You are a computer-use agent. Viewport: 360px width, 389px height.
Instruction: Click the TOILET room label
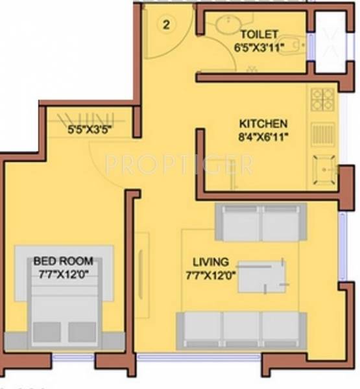coord(259,34)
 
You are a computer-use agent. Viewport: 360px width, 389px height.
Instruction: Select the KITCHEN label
coord(263,123)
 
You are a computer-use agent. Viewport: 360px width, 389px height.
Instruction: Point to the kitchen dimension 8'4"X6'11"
coord(263,136)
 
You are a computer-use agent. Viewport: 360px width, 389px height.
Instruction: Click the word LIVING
coord(211,262)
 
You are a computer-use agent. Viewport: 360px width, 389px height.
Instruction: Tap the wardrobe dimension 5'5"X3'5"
coord(90,129)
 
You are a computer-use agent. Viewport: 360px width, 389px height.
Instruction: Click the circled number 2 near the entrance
coord(167,27)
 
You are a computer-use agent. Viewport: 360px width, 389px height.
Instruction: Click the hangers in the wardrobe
coord(86,118)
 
